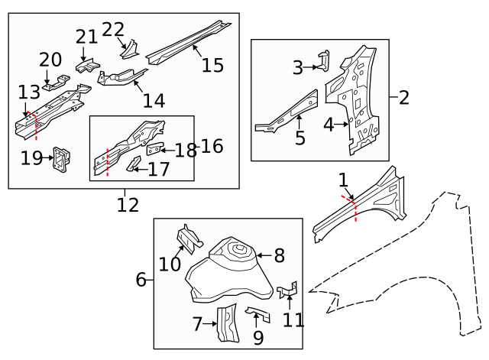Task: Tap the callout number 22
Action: [x=112, y=30]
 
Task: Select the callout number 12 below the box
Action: [x=128, y=205]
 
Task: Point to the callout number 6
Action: [x=141, y=280]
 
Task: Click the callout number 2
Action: [x=404, y=97]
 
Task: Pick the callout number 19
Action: [x=31, y=158]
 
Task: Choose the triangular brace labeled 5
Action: [x=290, y=111]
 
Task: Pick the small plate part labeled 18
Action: [x=155, y=148]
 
